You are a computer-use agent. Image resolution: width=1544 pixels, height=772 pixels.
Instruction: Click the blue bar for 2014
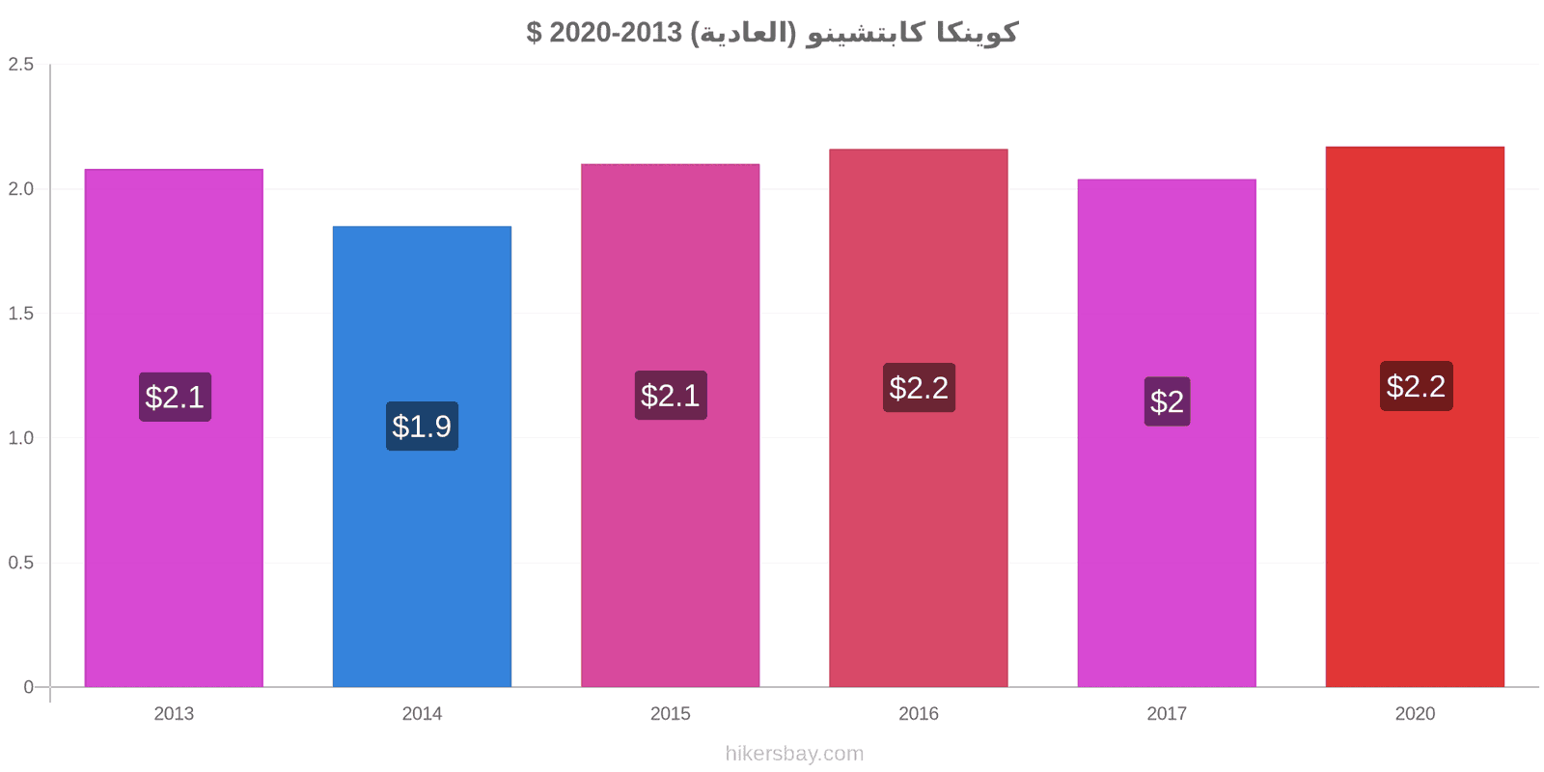click(422, 456)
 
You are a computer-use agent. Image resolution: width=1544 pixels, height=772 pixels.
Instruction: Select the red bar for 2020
click(1415, 417)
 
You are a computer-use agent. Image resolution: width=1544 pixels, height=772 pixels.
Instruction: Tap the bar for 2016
click(918, 418)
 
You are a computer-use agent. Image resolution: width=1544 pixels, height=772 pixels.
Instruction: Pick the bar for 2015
click(670, 426)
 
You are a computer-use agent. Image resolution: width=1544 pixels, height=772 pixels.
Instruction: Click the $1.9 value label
click(422, 426)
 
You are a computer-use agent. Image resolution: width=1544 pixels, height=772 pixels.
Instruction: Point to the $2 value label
click(1167, 401)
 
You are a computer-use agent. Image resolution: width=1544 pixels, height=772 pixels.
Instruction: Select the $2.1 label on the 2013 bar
click(175, 397)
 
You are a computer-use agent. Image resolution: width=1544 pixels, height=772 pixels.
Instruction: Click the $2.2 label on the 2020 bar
click(1416, 386)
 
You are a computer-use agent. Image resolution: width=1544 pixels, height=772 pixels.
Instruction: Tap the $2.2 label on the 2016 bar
click(919, 387)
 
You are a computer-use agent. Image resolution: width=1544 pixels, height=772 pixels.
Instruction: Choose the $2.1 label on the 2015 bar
click(671, 395)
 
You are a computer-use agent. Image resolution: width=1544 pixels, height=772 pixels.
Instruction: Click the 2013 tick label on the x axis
click(174, 713)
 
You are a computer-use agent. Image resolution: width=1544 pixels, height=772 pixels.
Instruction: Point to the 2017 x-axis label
click(1167, 713)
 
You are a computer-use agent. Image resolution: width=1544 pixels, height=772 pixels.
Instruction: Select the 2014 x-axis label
click(422, 713)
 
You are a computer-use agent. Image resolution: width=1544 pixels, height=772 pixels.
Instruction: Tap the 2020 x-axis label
click(1415, 713)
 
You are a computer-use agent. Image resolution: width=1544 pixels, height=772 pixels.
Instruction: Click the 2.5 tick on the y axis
click(20, 64)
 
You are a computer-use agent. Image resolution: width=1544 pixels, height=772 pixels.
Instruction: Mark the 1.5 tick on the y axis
click(20, 314)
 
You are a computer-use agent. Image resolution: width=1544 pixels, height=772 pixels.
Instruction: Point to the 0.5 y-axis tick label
click(20, 563)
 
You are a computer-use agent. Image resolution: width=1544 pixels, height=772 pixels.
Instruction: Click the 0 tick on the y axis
click(28, 686)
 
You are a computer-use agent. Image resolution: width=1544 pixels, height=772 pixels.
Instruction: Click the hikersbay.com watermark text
click(794, 754)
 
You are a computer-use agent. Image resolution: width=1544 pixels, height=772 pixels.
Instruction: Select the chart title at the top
click(772, 32)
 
